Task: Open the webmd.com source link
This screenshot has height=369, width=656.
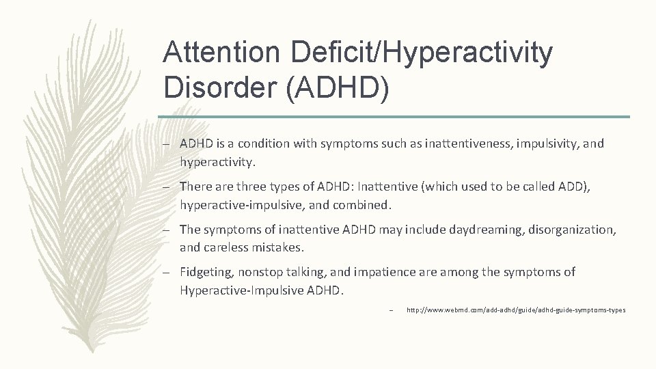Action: pos(515,310)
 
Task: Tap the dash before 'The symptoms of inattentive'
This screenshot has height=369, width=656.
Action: pos(167,230)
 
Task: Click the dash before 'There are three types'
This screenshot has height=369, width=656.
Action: pos(167,187)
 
